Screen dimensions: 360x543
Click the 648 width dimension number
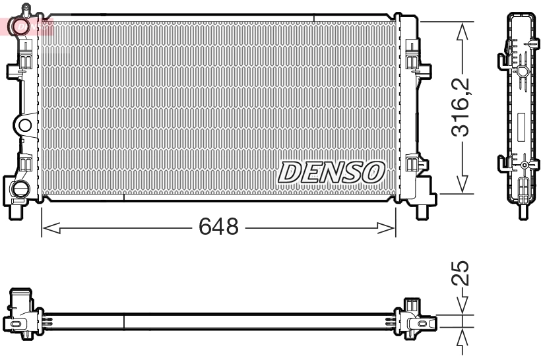218,228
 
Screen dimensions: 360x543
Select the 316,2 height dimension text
463,107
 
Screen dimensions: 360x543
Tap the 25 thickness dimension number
463,272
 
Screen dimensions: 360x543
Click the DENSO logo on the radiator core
332,172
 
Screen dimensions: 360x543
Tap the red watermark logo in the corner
26,26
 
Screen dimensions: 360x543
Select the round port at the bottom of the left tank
20,189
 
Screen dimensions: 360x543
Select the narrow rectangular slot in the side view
521,125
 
